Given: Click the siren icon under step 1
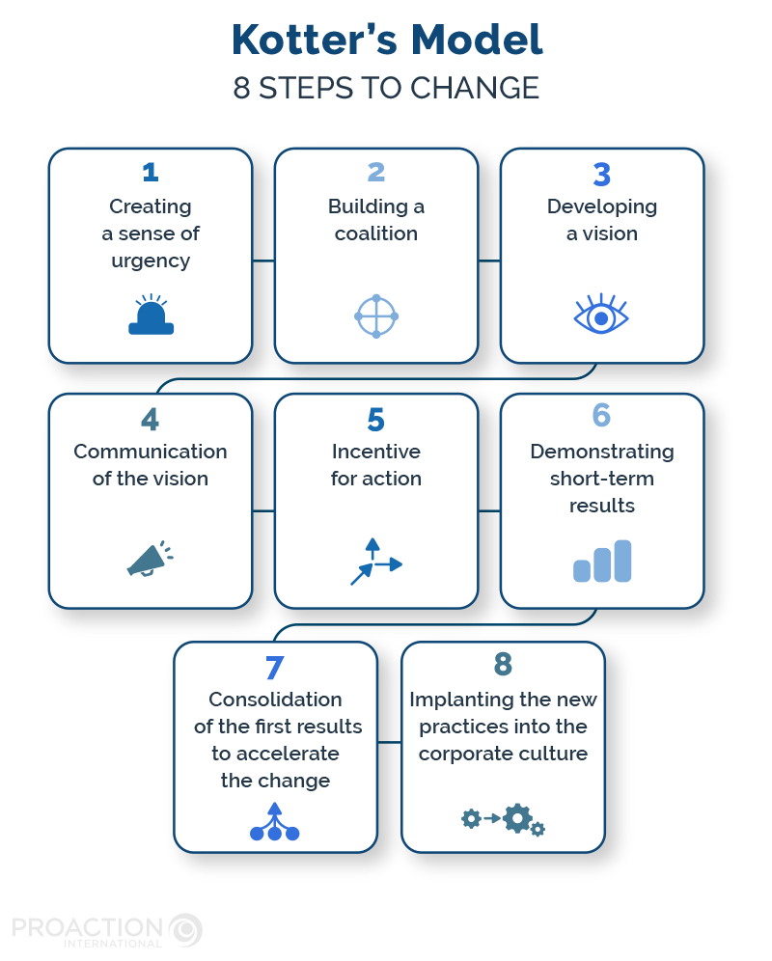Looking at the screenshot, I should [x=151, y=317].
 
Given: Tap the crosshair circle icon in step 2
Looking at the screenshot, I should [x=376, y=316].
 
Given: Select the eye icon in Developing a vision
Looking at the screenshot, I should [x=601, y=316].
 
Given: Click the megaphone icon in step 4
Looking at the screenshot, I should [x=149, y=559].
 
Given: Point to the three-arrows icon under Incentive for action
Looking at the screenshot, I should [x=375, y=563].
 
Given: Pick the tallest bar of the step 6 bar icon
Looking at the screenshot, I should [x=622, y=561].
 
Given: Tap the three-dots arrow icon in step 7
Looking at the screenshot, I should [x=274, y=822].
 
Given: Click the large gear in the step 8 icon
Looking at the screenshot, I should [x=517, y=818].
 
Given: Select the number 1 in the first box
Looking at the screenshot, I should [x=150, y=173].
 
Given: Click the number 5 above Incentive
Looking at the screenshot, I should [x=375, y=420].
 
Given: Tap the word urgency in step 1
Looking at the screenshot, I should [x=150, y=261].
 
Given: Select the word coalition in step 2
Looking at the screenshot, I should [x=376, y=233].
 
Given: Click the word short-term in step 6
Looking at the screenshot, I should [x=601, y=479].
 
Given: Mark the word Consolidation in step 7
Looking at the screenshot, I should [x=275, y=700].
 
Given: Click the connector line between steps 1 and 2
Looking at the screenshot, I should [x=263, y=260].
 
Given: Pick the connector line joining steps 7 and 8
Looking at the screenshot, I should [x=389, y=742].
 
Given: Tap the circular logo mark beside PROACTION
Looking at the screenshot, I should [x=185, y=930].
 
